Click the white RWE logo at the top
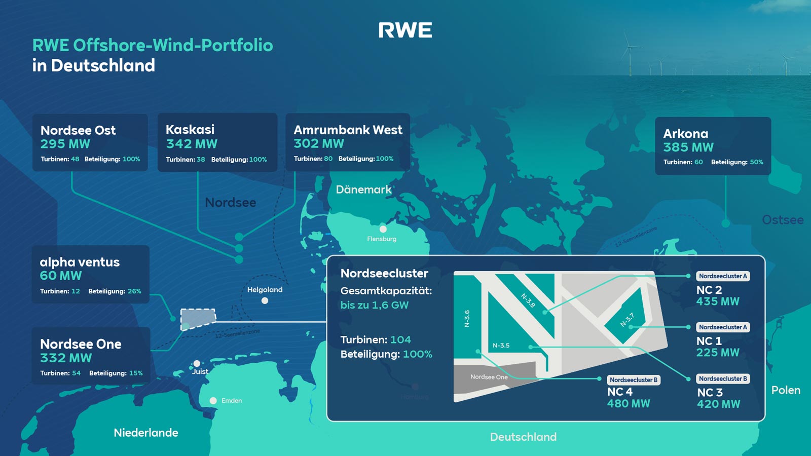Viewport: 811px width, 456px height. (405, 30)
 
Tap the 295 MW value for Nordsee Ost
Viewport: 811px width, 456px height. (65, 144)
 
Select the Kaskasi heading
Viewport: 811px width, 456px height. (190, 129)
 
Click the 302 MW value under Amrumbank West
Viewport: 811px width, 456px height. (318, 143)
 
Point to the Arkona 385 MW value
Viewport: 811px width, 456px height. (688, 147)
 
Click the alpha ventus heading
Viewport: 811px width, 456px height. (80, 262)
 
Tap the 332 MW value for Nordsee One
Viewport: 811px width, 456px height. (66, 358)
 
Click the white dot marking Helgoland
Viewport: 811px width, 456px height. (265, 300)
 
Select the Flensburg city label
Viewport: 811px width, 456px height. (382, 239)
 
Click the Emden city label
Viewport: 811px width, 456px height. (232, 400)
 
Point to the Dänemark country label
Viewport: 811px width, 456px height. (363, 189)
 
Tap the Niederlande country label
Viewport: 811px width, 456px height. (146, 433)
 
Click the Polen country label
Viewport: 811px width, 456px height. (786, 390)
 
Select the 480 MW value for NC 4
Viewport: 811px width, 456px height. (629, 404)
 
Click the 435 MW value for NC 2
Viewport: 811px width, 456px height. (718, 301)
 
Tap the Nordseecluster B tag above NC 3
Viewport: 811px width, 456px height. (722, 378)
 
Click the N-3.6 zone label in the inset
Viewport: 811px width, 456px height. (467, 318)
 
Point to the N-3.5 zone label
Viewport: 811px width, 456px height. (501, 346)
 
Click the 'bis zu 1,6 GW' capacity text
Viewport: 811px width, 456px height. (374, 305)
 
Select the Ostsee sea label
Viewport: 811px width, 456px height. (783, 220)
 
